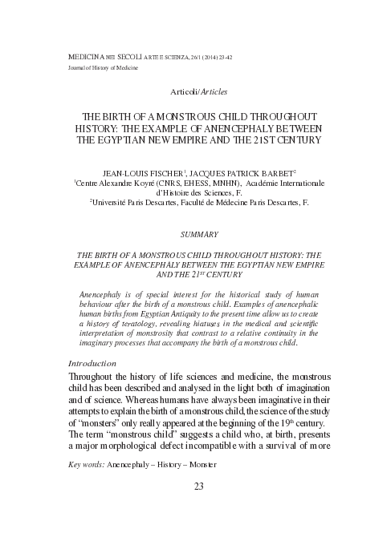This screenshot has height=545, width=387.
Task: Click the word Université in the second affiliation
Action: (116, 204)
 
